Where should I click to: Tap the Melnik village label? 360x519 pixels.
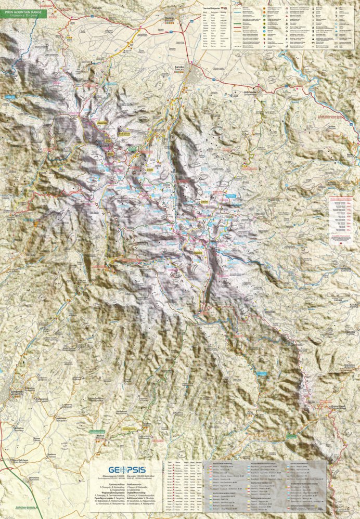coord(100,437)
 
